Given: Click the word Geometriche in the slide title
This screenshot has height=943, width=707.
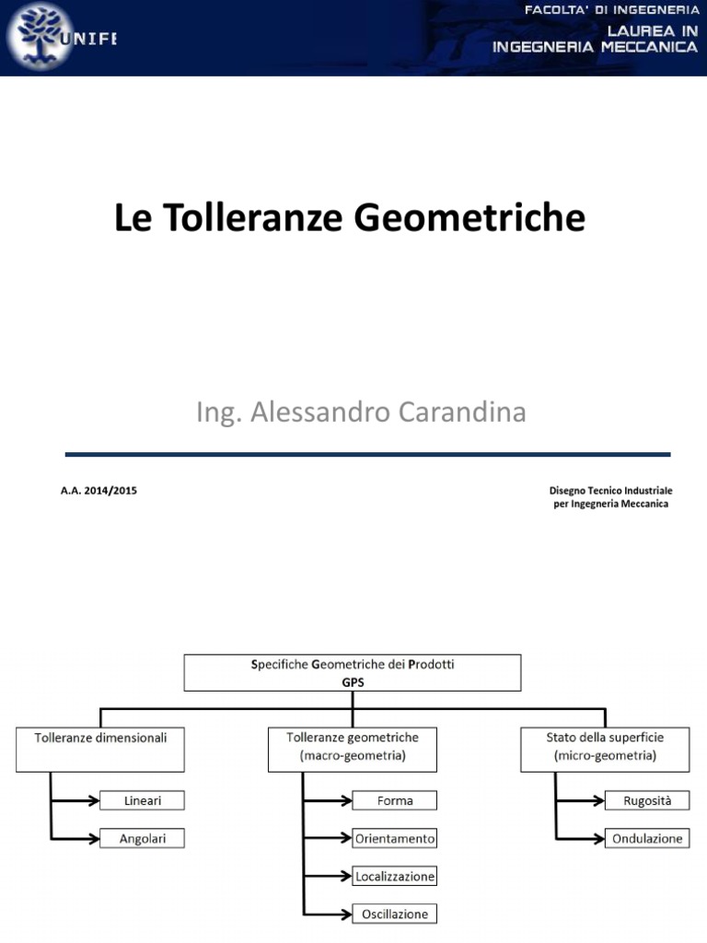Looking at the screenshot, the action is [x=469, y=218].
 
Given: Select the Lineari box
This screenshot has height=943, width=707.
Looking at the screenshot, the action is [x=142, y=800].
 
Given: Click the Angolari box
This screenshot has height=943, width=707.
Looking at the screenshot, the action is [x=142, y=838].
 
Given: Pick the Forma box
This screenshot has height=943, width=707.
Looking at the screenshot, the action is [x=395, y=800].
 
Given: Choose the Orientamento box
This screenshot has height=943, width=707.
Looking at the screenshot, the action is [x=395, y=838].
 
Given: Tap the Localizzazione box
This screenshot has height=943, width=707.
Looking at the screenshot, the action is [x=395, y=876].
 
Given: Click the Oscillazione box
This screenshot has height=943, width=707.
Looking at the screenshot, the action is [x=395, y=914].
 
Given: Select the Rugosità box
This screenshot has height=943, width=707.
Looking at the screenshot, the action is [x=648, y=800].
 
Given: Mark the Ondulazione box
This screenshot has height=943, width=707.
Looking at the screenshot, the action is [x=648, y=838].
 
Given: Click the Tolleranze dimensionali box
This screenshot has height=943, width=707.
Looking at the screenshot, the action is [x=100, y=749].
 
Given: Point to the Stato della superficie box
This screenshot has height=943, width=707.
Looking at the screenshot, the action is [x=605, y=749].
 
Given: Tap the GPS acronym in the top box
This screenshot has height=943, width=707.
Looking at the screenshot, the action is [x=353, y=682].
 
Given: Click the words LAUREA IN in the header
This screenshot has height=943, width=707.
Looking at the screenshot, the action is [x=651, y=30].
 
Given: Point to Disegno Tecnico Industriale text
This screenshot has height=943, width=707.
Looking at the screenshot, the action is [x=611, y=491].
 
